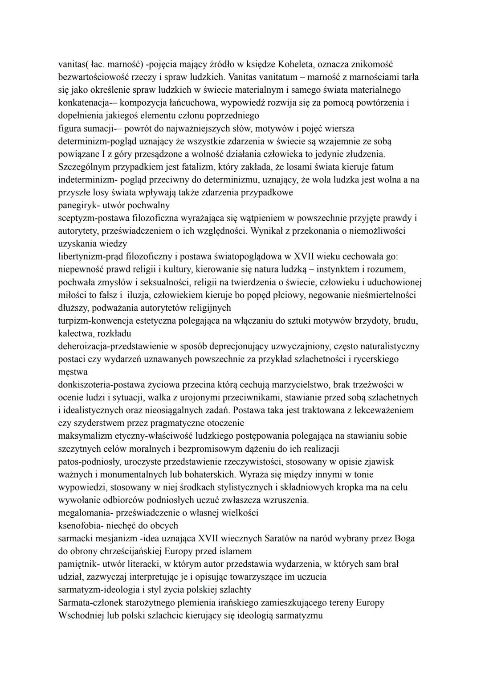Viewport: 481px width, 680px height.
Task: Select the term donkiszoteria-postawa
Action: point(102,385)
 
